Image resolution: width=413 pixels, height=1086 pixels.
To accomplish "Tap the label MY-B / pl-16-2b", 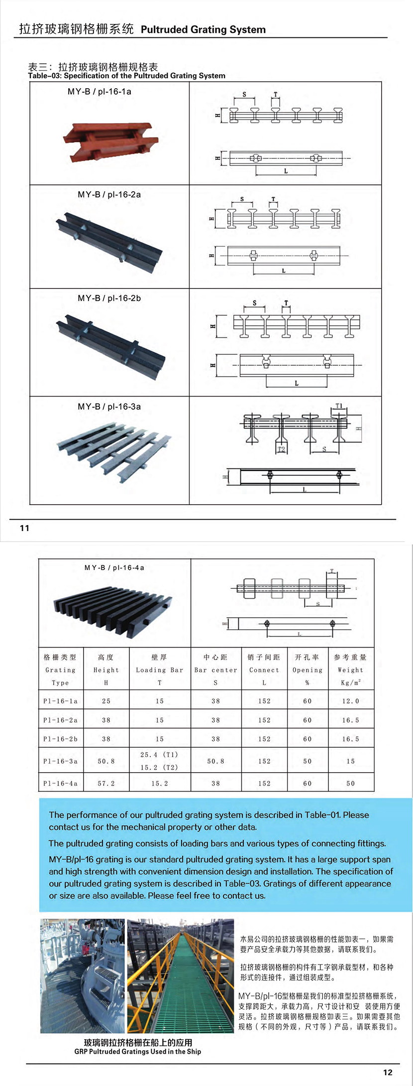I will (109, 298).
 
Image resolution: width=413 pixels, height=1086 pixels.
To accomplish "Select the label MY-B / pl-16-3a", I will (109, 407).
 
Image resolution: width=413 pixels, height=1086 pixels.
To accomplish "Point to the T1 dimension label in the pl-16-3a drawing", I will (339, 406).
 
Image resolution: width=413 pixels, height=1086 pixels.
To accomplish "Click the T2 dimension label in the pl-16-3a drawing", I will (282, 449).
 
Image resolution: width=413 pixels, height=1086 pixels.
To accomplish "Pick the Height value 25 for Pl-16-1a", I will (106, 701).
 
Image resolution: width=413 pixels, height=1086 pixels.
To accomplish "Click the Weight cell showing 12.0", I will (350, 701).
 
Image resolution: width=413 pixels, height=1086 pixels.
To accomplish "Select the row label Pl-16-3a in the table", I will (60, 761).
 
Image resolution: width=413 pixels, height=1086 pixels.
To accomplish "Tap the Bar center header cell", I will (215, 670).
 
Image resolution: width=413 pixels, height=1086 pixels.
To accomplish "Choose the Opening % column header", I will (308, 670).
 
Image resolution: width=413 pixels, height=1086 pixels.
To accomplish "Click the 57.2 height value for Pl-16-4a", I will (106, 784).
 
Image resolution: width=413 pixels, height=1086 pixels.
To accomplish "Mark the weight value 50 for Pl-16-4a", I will (350, 784).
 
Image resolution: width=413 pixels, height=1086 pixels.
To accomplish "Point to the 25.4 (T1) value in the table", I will (159, 755).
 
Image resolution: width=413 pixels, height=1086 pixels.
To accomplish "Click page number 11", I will (25, 528).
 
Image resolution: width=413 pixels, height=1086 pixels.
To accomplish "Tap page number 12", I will (388, 1072).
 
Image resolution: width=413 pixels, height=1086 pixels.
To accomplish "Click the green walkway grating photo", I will (180, 976).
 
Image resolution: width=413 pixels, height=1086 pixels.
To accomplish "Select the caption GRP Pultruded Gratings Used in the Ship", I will (138, 1052).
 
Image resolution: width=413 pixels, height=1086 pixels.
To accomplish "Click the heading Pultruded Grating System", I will (203, 29).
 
